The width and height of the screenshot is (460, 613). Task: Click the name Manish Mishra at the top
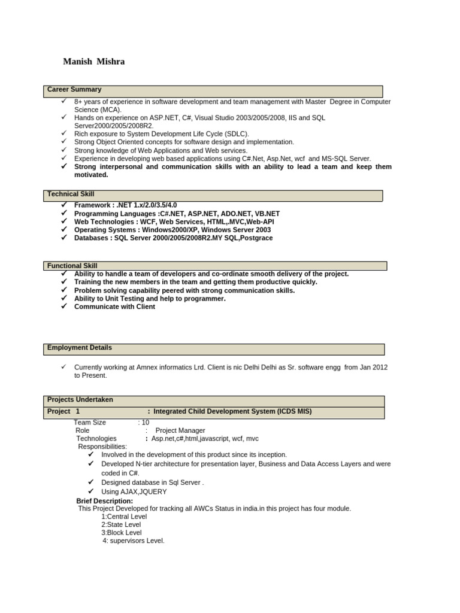click(x=94, y=62)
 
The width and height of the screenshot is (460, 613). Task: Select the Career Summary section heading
click(x=74, y=90)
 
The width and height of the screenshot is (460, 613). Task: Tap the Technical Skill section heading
click(x=71, y=195)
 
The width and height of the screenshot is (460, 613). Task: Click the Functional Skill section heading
click(x=72, y=266)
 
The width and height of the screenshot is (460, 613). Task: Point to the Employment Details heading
click(x=79, y=348)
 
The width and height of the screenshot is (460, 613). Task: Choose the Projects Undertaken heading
click(x=80, y=400)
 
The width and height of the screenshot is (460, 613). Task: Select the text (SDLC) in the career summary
click(x=232, y=134)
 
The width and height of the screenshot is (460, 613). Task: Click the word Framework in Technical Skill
click(x=92, y=205)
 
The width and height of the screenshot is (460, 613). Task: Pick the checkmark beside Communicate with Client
click(x=63, y=306)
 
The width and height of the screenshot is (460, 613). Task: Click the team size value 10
click(x=145, y=423)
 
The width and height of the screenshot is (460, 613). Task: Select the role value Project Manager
click(x=180, y=430)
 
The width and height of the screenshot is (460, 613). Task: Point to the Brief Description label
click(x=104, y=501)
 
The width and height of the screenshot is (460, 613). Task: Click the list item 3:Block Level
click(x=122, y=533)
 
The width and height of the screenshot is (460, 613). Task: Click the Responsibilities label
click(x=102, y=447)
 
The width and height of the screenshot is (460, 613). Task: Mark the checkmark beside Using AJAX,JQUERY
click(x=91, y=491)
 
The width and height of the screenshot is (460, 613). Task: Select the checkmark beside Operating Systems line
click(x=63, y=230)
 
